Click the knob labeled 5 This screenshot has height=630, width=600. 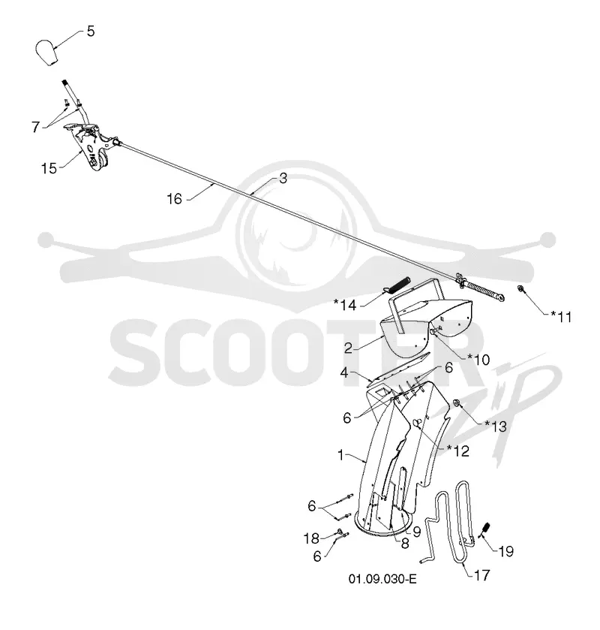pyautogui.click(x=46, y=53)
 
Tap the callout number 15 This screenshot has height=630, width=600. pyautogui.click(x=49, y=168)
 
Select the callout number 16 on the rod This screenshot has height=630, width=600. pyautogui.click(x=175, y=198)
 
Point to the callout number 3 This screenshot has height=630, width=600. pyautogui.click(x=283, y=179)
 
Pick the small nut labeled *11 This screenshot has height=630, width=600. pyautogui.click(x=521, y=288)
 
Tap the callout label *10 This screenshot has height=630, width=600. pyautogui.click(x=478, y=360)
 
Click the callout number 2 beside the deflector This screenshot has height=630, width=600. pyautogui.click(x=348, y=348)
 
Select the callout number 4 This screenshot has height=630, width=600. pyautogui.click(x=344, y=373)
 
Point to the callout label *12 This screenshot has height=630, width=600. pyautogui.click(x=458, y=451)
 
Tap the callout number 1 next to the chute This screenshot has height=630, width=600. pyautogui.click(x=340, y=455)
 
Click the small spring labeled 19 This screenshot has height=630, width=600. pyautogui.click(x=484, y=530)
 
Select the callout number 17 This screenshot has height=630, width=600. pyautogui.click(x=482, y=575)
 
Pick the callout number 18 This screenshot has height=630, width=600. pyautogui.click(x=311, y=538)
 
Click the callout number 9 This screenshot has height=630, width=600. pyautogui.click(x=416, y=532)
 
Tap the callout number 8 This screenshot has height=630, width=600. pyautogui.click(x=404, y=544)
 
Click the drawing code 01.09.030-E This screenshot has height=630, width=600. pyautogui.click(x=382, y=579)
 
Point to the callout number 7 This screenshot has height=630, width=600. pyautogui.click(x=36, y=127)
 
